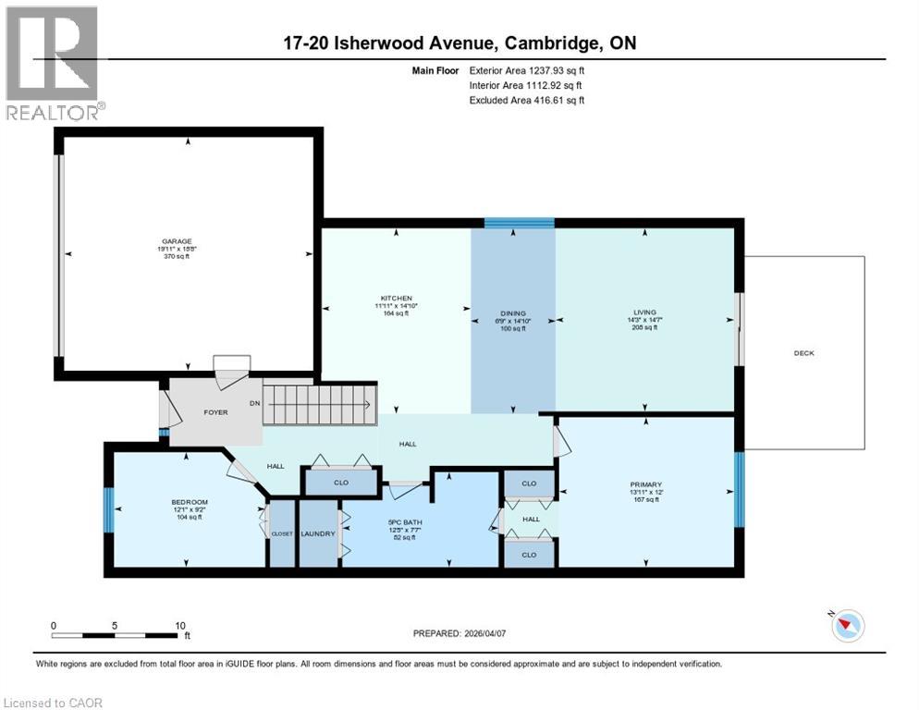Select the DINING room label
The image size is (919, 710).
(513, 313)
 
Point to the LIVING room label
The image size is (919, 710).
(644, 312)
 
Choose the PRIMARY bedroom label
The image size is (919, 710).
(646, 484)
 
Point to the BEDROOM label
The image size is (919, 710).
(188, 501)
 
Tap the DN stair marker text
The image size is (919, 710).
(254, 403)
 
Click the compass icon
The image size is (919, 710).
(847, 626)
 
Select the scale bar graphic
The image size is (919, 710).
(116, 635)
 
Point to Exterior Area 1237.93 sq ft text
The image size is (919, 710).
(527, 69)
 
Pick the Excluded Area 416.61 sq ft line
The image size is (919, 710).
(527, 100)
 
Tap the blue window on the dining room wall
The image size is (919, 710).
(520, 223)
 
